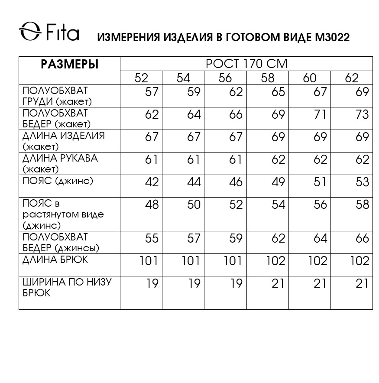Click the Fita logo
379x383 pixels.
click(49, 32)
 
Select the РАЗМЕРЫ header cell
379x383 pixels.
click(69, 65)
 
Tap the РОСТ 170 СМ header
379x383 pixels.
click(246, 64)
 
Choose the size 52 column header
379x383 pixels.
click(141, 78)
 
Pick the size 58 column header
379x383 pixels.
click(268, 78)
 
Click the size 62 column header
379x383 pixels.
click(352, 78)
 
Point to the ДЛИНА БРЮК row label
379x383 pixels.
click(55, 260)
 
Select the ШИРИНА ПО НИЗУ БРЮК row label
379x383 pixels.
click(67, 287)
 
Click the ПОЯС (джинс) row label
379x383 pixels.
click(58, 181)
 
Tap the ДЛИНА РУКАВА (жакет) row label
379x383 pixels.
click(60, 163)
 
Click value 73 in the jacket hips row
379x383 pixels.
click(361, 115)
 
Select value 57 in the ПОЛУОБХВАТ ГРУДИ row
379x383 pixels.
click(152, 92)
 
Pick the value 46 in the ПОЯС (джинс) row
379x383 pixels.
click(236, 182)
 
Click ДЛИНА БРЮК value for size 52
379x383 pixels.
click(149, 261)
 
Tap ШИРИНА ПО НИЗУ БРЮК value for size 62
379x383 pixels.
click(361, 283)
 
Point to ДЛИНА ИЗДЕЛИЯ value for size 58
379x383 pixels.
click(278, 137)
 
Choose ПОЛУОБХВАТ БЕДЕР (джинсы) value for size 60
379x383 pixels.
click(320, 238)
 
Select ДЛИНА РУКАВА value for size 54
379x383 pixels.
click(194, 159)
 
